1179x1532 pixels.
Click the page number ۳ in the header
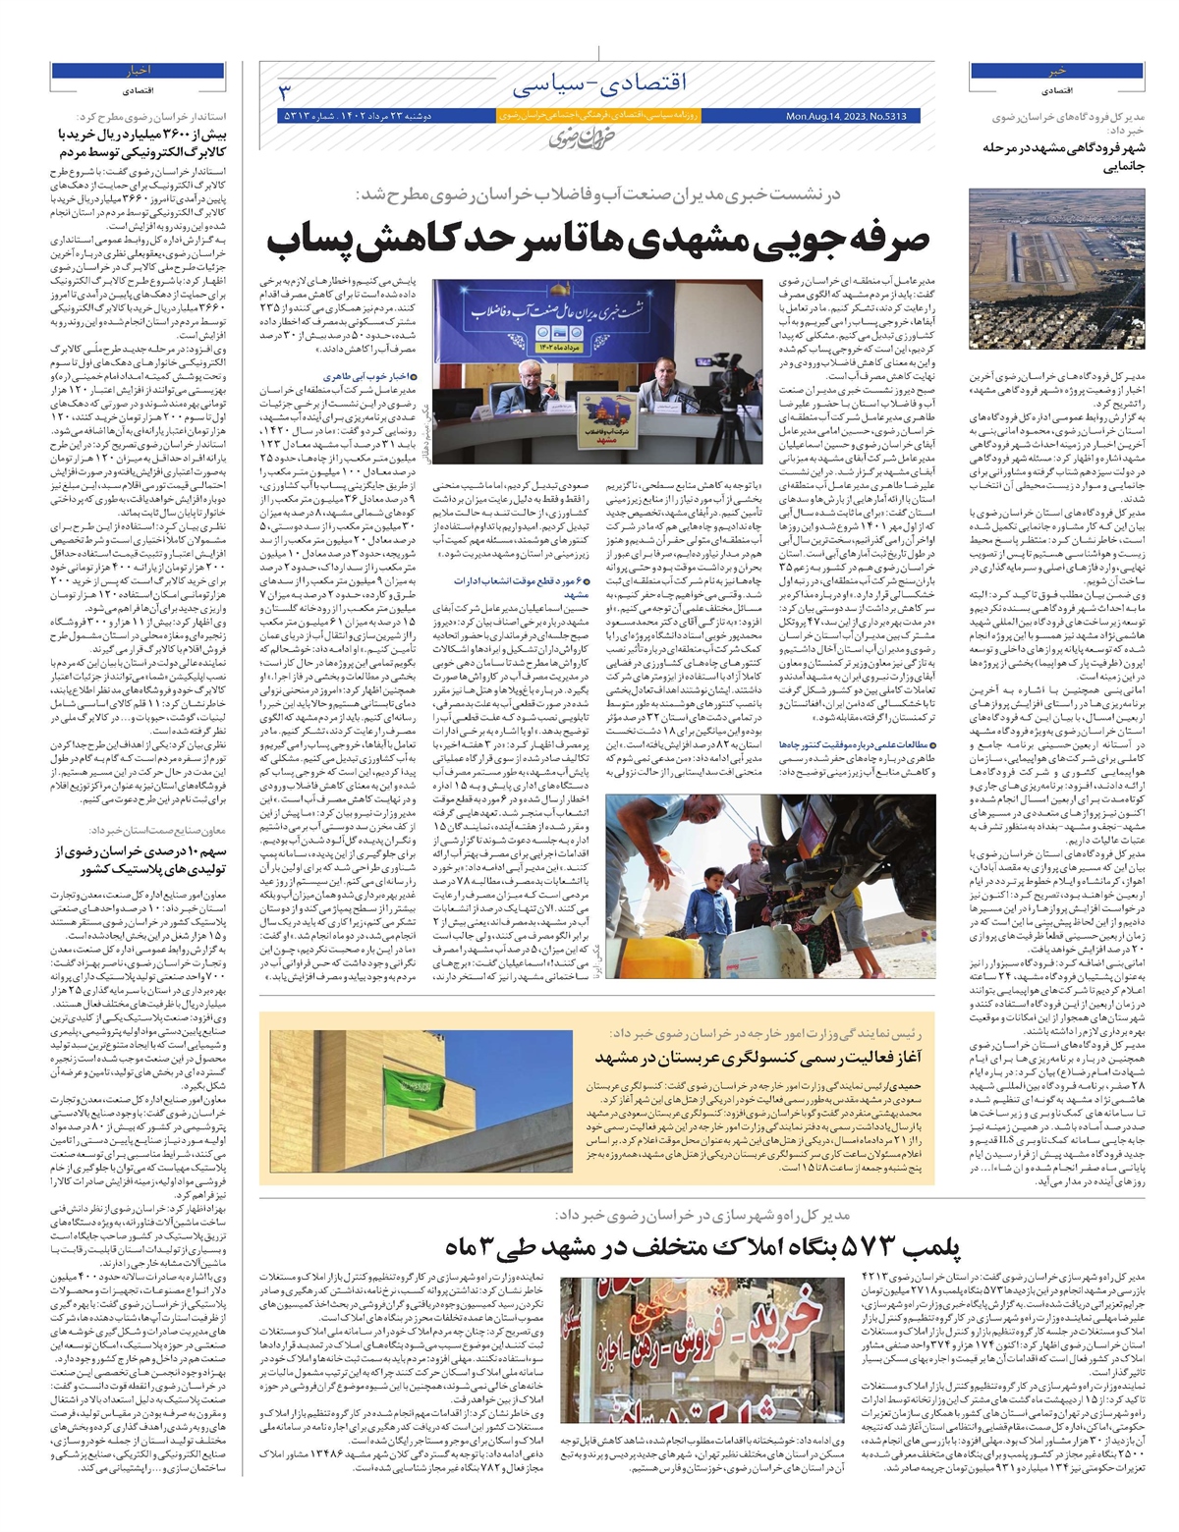click(286, 92)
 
